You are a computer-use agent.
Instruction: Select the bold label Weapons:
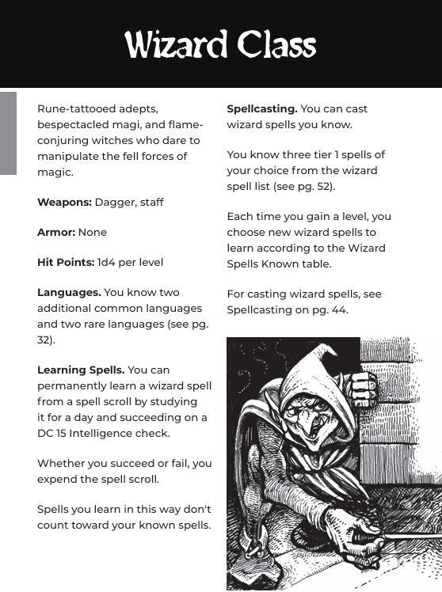point(64,202)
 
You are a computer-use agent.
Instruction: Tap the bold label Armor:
point(56,232)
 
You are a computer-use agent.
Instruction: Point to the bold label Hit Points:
point(66,262)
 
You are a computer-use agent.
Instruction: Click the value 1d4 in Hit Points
point(107,262)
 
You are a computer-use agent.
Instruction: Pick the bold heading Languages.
point(69,292)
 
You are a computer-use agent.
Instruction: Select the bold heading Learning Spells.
point(81,370)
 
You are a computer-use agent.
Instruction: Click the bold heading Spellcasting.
point(262,108)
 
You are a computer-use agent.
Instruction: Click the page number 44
point(338,309)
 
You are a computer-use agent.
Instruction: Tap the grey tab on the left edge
point(8,133)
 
